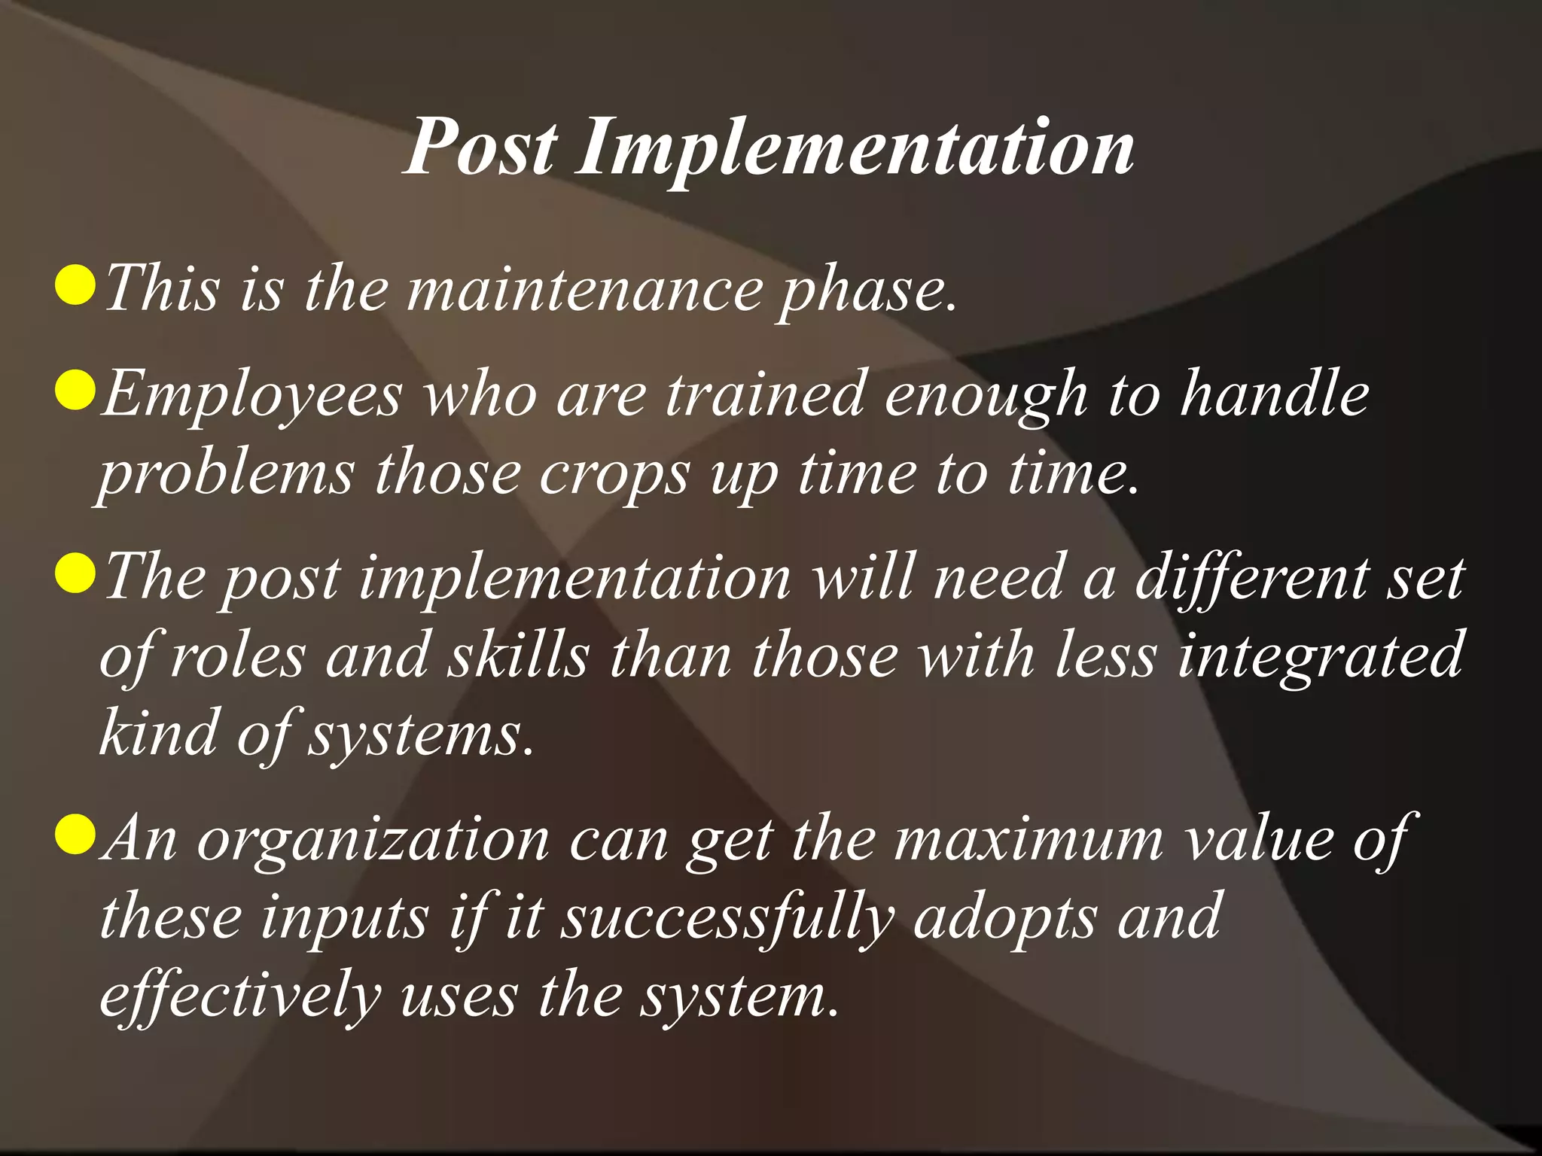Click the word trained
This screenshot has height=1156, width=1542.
tap(764, 394)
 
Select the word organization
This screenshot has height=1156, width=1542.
tap(373, 840)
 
